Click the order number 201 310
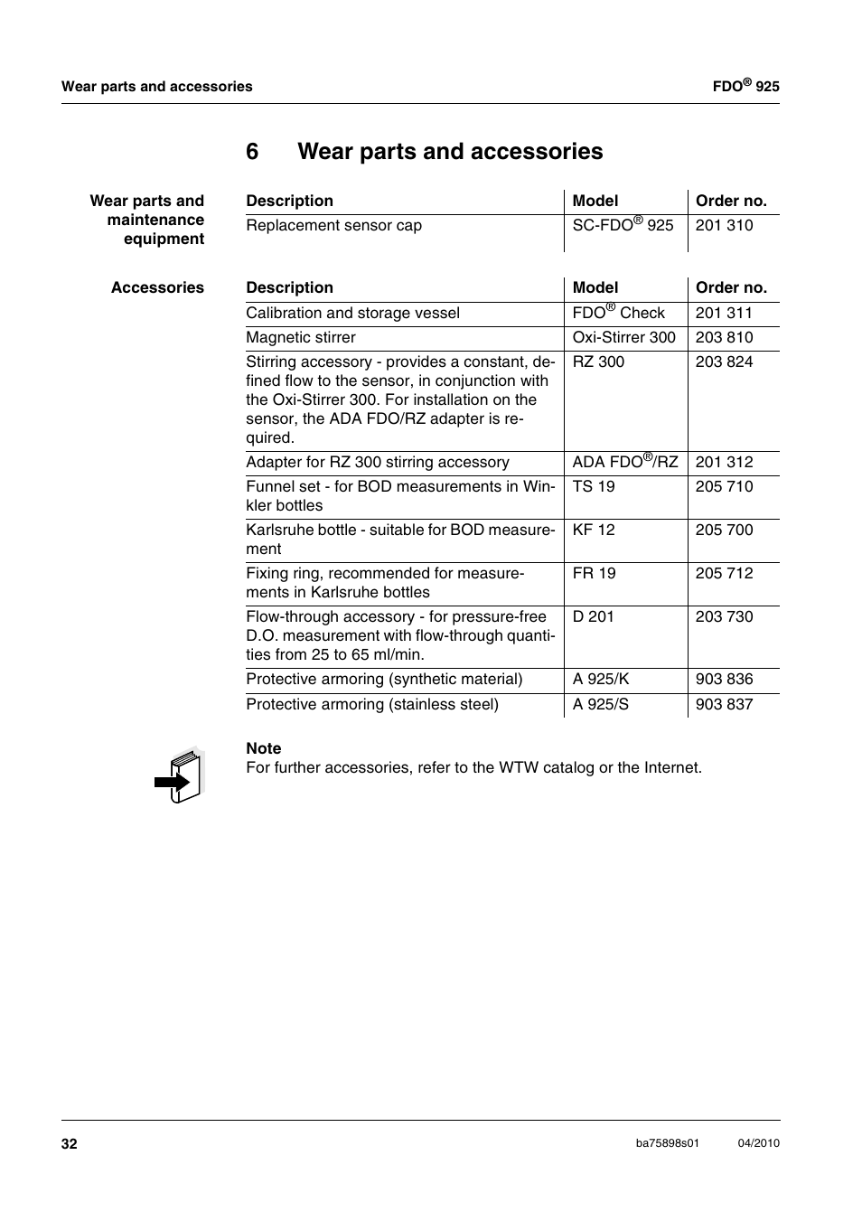pos(724,225)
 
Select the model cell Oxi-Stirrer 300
pos(623,337)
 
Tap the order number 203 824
pos(724,362)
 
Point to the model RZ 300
pos(598,362)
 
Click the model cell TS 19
pos(594,486)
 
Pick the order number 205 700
pos(724,530)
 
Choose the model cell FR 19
pos(594,573)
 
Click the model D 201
pos(593,616)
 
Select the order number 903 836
pos(724,679)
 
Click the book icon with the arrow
pos(179,775)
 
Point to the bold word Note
pos(264,748)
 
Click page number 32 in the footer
pos(70,1143)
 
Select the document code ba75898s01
pos(668,1143)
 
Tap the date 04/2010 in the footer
pos(758,1143)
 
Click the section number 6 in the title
pos(252,151)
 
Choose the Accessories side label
pos(157,287)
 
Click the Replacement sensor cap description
pos(333,225)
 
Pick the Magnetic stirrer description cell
pos(301,337)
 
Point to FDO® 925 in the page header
pos(745,86)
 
